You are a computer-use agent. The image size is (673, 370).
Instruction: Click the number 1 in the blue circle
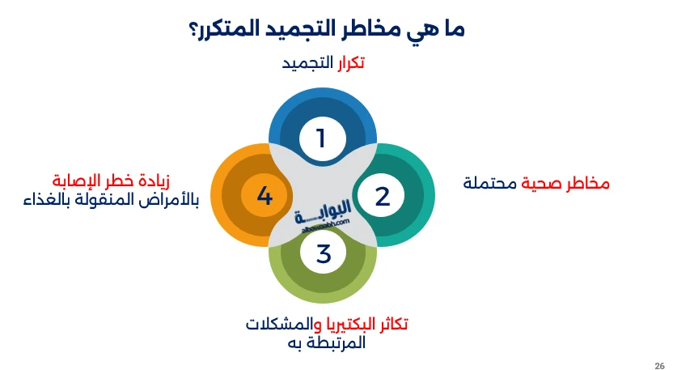[321, 138]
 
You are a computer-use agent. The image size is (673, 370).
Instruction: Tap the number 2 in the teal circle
[382, 196]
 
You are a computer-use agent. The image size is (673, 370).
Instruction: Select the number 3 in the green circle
[324, 253]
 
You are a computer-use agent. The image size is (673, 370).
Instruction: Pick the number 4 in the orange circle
[264, 195]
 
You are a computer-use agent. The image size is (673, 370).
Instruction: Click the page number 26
[659, 364]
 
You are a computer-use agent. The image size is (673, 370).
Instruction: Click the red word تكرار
[349, 62]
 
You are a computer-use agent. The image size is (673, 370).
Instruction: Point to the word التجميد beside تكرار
[307, 62]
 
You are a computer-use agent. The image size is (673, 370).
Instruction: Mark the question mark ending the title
[195, 29]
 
